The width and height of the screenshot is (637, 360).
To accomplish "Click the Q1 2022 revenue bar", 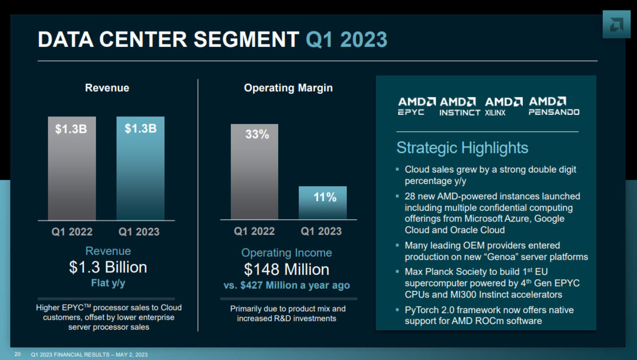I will [x=72, y=169].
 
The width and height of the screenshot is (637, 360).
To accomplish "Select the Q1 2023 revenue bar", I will [x=140, y=169].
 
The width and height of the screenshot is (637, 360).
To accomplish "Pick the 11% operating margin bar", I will [x=322, y=203].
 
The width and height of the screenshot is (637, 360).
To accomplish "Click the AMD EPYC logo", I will [x=416, y=106].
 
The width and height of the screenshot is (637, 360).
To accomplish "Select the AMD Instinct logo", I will [x=460, y=106].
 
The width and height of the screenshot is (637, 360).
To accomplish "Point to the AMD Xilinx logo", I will [x=504, y=106].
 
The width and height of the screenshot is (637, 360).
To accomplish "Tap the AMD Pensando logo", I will [x=554, y=106].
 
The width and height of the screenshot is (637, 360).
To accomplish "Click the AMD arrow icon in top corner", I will [x=616, y=25].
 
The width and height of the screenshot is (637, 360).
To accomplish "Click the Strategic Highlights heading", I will [x=462, y=148].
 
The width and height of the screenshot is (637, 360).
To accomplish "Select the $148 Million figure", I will [x=286, y=269].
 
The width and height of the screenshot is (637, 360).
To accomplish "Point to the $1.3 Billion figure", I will [x=108, y=267].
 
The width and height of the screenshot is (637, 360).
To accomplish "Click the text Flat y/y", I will [x=108, y=283].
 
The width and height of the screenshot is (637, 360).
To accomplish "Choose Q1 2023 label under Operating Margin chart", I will [x=321, y=231].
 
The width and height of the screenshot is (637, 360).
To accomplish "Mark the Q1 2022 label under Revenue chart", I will [x=72, y=231].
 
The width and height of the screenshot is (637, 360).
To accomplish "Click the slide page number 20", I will [x=17, y=355].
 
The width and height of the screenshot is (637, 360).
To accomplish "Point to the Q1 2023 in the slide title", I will [x=346, y=40].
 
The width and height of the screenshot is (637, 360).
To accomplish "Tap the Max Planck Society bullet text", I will [x=492, y=283].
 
